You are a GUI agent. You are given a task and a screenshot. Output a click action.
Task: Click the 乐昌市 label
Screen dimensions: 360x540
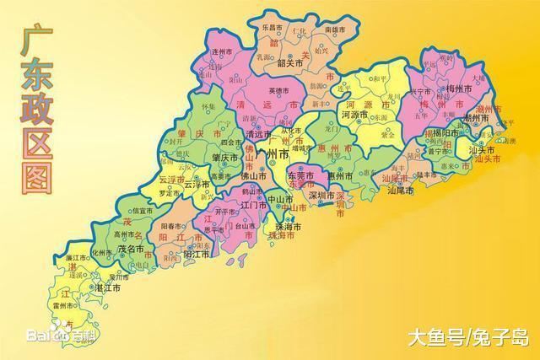tap(269, 28)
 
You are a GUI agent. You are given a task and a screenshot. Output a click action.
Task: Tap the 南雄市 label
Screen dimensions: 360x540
tap(336, 30)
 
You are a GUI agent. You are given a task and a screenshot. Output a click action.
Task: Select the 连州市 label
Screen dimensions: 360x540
tap(221, 51)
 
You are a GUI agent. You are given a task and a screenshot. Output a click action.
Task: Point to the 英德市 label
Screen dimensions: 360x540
tap(278, 90)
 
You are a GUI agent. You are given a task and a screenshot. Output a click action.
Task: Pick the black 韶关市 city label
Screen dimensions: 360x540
tap(289, 62)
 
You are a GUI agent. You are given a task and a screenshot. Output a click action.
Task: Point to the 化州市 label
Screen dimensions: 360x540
tap(101, 252)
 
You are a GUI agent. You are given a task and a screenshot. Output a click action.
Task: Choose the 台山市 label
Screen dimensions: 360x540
tap(246, 226)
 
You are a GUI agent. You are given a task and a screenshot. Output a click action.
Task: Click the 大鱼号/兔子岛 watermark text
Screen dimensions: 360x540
tap(466, 339)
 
